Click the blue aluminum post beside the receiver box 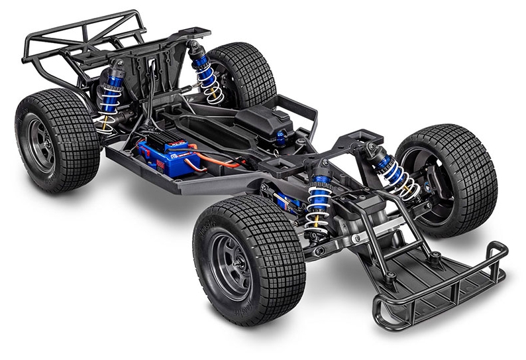[x=281, y=138]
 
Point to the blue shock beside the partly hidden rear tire [x=206, y=73]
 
